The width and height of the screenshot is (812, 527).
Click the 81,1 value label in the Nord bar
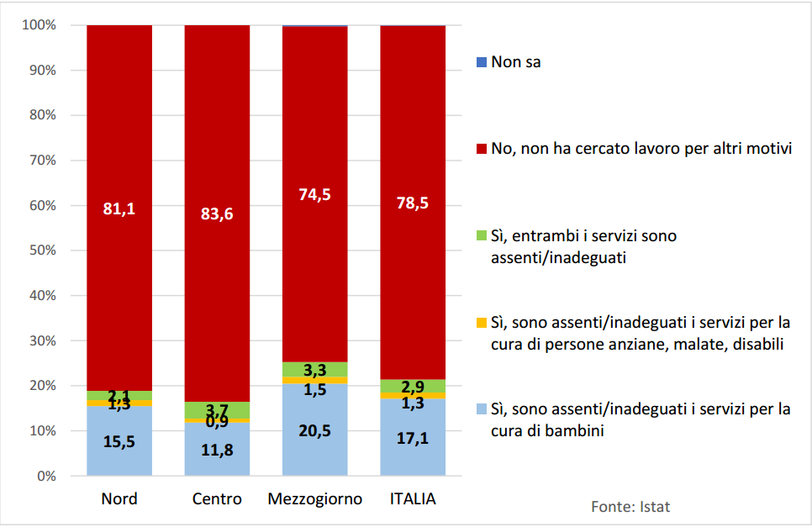119,208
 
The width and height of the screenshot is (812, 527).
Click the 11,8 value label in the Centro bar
217,450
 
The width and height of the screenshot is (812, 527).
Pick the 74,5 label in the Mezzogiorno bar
314,195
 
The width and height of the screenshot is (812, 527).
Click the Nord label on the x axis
119,499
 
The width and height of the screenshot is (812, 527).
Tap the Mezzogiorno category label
314,499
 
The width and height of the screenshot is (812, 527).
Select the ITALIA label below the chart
413,499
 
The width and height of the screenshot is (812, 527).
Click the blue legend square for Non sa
481,62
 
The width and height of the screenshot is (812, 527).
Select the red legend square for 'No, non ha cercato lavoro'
481,150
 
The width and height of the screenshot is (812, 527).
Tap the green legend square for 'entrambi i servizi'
481,236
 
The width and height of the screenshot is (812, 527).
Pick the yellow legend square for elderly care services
481,323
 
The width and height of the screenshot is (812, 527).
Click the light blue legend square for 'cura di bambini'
481,410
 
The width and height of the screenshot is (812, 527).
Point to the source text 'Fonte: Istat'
630,506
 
